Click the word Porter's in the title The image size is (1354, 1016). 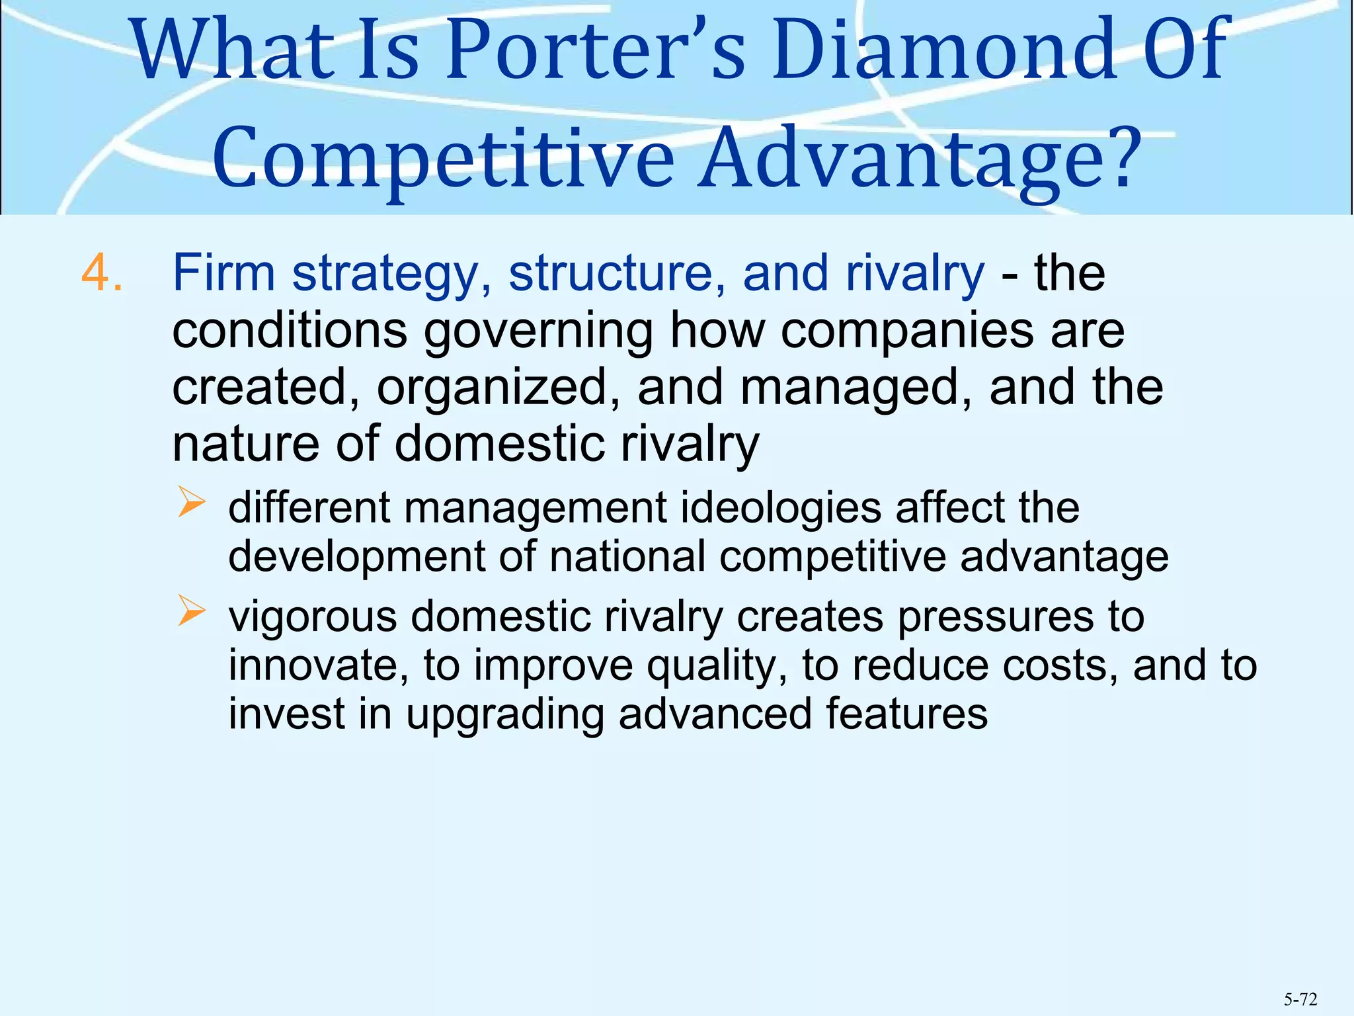(595, 52)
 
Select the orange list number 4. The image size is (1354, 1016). (102, 273)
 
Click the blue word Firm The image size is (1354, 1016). (223, 273)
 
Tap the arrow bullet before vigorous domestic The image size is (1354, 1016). (192, 611)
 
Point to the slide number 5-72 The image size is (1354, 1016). (1300, 999)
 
